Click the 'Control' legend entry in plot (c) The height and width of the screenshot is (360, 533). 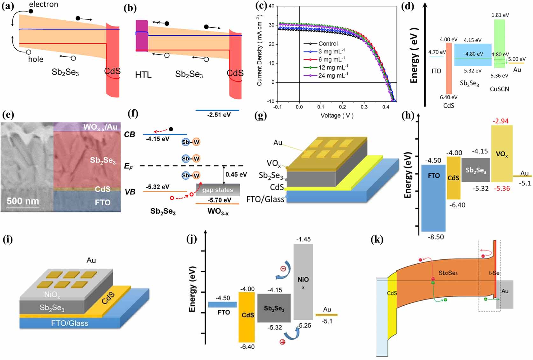coord(328,44)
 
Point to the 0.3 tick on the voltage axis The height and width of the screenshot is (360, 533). coord(364,107)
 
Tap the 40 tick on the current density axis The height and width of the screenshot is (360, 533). coord(271,6)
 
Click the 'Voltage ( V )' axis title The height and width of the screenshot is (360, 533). coord(337,115)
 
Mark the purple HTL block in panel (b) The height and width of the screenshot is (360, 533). coord(142,36)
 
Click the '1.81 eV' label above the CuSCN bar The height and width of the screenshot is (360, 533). coord(500,15)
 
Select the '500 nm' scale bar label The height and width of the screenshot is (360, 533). coord(23,201)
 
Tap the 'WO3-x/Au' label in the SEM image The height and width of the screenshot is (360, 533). coord(100,127)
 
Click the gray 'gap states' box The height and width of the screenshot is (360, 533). coord(218,190)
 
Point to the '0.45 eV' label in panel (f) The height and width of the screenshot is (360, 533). coord(236,175)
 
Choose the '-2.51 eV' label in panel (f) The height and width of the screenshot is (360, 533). coord(219,115)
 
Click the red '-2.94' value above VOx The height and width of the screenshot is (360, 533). coord(501,121)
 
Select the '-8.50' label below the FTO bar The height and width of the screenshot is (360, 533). coord(436,237)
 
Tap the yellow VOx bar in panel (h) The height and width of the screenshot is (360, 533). coord(502,154)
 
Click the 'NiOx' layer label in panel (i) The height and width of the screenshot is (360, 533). coord(52,295)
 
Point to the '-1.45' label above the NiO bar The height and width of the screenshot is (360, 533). coord(303,239)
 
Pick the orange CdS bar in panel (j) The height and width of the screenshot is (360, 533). coord(247,316)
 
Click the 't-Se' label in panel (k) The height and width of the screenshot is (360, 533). coord(494,273)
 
